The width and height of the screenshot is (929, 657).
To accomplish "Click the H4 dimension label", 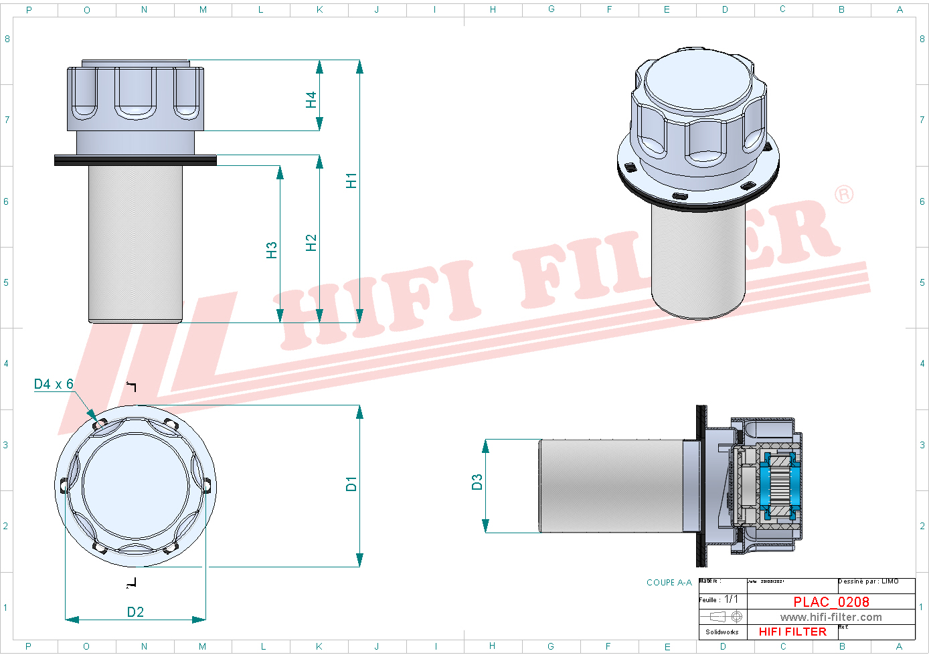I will pos(311,100).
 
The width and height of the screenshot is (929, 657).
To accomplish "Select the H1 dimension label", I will pos(351,181).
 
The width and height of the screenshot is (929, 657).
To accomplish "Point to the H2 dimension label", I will pos(311,243).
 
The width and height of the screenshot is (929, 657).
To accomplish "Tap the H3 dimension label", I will pos(271,250).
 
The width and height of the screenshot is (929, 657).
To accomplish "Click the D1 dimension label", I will pos(351,484).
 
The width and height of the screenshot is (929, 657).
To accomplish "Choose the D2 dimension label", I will pos(135,612).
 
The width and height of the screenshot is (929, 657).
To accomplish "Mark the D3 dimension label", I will pos(477,482).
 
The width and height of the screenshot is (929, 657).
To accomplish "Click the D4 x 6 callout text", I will pos(54,384).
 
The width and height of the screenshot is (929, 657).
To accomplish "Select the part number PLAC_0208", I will pos(831,602).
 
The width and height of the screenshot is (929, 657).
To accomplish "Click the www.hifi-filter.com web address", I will pos(831,618).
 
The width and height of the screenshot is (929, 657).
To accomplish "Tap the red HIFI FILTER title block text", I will pos(792,632).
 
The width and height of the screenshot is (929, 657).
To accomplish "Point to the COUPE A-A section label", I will pos(669,583).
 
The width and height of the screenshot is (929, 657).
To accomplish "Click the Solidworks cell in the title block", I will pos(722,632).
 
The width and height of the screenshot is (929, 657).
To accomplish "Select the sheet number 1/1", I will pos(732,599).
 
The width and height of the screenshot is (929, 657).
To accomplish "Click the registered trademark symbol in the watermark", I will pos(844,195).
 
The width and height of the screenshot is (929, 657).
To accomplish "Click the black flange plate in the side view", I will pos(135,160).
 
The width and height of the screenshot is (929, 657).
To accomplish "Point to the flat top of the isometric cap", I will pos(698,82).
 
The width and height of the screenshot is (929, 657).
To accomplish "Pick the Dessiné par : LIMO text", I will pos(869,581).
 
